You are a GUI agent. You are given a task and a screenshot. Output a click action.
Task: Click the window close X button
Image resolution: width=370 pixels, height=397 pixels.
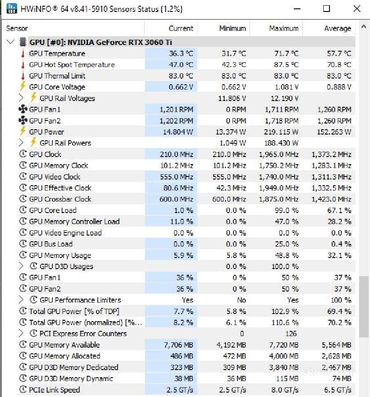[x=357, y=9]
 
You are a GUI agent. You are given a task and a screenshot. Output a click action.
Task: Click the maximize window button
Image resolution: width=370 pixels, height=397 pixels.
[x=326, y=9]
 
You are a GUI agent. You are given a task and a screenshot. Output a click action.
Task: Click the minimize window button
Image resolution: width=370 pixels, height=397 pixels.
[x=297, y=9]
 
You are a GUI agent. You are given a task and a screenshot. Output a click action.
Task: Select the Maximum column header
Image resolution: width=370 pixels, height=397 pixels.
[x=284, y=28]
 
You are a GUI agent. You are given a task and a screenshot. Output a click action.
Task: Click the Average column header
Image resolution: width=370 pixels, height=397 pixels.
[x=338, y=28]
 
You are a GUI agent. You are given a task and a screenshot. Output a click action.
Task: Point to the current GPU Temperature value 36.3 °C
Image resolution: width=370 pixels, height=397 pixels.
[x=181, y=53]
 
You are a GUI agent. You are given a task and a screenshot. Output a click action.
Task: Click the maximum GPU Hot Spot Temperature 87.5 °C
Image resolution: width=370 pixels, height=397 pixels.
[x=286, y=64]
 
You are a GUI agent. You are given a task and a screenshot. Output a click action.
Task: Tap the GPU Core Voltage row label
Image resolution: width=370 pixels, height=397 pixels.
[x=57, y=87]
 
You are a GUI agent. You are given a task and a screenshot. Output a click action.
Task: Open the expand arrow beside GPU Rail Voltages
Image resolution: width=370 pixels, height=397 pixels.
[x=21, y=98]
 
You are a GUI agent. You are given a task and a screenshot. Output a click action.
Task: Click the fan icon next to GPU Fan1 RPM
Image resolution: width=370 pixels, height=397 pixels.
[x=23, y=109]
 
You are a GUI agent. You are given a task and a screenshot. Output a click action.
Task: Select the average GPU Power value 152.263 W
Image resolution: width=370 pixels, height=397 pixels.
[x=334, y=132]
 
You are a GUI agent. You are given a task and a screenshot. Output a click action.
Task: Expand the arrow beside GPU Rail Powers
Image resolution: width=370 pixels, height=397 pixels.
[x=21, y=143]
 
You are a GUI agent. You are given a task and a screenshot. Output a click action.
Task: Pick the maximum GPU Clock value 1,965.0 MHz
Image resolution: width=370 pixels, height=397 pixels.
[x=279, y=154]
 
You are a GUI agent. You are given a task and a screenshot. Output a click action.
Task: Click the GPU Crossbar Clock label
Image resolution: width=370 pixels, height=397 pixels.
[x=60, y=199]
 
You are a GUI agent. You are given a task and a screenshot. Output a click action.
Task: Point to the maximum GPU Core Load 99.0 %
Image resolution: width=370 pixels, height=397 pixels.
[x=287, y=210]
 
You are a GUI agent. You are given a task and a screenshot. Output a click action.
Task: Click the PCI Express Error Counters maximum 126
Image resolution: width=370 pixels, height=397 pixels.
[x=291, y=333]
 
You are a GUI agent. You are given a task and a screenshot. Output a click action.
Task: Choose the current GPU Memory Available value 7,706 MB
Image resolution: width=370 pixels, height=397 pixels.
[x=178, y=345]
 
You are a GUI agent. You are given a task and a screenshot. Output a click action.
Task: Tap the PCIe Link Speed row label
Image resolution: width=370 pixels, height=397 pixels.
[x=54, y=390]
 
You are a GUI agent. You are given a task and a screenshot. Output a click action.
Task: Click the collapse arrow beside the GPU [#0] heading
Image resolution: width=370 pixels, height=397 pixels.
[x=11, y=42]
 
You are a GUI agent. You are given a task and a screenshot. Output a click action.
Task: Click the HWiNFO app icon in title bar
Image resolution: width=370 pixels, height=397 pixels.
[x=12, y=9]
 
